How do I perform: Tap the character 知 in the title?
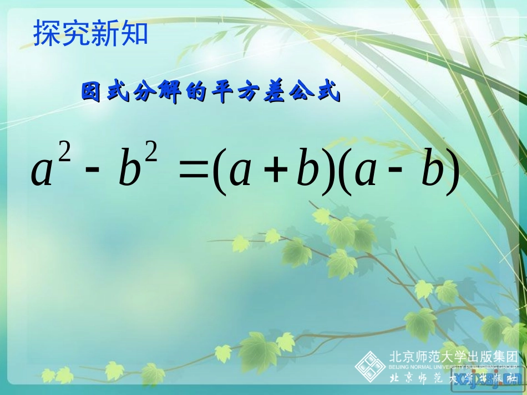134,33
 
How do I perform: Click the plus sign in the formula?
273,171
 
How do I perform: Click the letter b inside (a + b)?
306,170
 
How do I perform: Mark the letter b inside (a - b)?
433,170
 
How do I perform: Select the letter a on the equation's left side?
42,173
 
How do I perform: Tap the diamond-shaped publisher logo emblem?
370,366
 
